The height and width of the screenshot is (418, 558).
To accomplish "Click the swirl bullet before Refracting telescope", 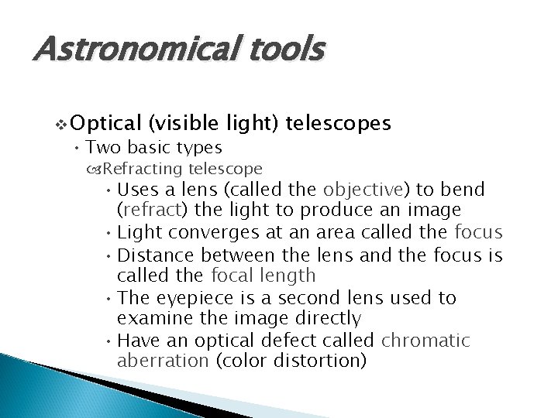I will pyautogui.click(x=96, y=169).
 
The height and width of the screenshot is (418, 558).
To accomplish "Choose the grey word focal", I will pyautogui.click(x=233, y=275).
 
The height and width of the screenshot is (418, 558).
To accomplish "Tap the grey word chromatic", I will pyautogui.click(x=427, y=340).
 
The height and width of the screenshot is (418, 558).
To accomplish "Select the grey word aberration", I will pyautogui.click(x=163, y=361).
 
